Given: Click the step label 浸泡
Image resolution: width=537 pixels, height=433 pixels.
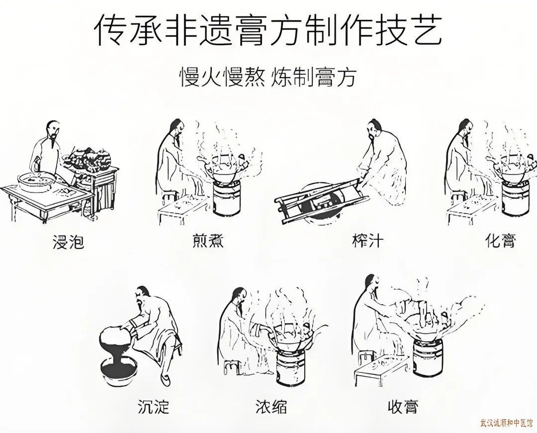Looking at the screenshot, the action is click(x=69, y=242).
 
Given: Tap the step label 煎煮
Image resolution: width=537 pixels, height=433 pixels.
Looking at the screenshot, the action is click(x=208, y=240).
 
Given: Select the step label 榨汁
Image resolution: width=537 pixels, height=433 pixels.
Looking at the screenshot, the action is click(x=367, y=240).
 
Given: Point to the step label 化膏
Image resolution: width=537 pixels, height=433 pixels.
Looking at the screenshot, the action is click(x=500, y=240).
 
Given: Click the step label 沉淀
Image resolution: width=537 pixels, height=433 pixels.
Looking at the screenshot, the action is click(x=154, y=407).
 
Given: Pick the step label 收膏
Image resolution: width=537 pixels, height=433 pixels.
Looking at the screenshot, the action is click(x=403, y=407).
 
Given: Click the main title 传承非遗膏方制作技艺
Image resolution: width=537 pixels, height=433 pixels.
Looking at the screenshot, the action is click(x=268, y=30).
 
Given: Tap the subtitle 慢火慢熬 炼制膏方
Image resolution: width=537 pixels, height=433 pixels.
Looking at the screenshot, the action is click(x=268, y=77).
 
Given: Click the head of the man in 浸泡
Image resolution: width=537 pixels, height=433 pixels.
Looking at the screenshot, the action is click(x=52, y=130).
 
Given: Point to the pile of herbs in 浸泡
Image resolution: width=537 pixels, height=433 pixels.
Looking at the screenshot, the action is click(x=89, y=159).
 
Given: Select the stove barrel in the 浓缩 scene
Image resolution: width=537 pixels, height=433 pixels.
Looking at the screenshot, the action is click(x=290, y=366).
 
